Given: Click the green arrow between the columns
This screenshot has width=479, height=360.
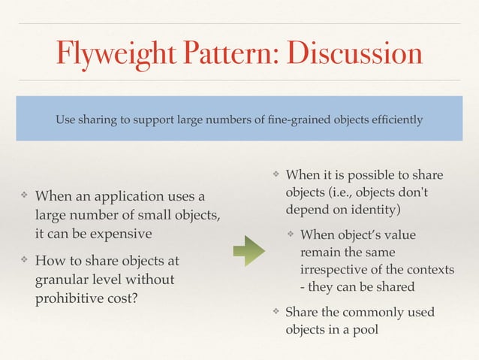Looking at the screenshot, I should [249, 251].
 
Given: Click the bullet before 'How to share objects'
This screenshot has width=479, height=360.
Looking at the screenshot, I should [24, 261].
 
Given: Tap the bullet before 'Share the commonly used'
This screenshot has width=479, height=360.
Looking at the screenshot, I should [276, 311].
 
